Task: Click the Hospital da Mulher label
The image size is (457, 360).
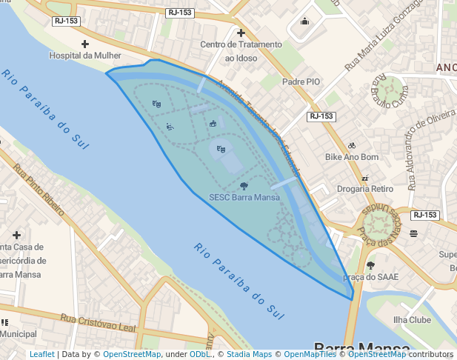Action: click(x=84, y=56)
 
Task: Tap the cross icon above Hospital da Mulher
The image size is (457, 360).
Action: click(x=84, y=44)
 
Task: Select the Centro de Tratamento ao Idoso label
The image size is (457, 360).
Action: click(x=241, y=51)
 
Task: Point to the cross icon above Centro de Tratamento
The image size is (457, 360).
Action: click(x=241, y=33)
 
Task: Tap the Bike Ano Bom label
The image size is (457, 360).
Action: click(x=352, y=157)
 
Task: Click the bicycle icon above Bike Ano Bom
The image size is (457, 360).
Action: click(x=352, y=145)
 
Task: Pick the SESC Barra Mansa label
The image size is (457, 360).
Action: click(x=244, y=198)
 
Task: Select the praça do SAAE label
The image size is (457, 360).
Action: click(x=371, y=276)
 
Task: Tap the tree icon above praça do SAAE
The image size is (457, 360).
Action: click(x=370, y=265)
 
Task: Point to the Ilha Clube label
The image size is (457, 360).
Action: click(x=412, y=320)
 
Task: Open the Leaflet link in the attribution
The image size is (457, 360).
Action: click(x=42, y=354)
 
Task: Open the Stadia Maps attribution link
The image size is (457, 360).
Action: click(x=250, y=354)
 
